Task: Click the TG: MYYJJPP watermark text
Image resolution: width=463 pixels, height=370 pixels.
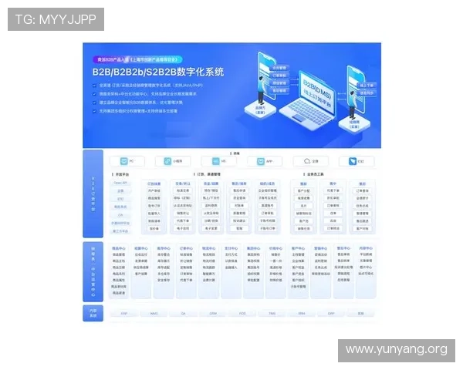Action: [56, 19]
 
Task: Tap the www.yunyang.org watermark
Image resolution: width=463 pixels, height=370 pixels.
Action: [395, 350]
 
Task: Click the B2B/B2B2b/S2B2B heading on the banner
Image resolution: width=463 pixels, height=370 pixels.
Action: [158, 72]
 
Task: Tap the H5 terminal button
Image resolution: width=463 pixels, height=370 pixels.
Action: [216, 162]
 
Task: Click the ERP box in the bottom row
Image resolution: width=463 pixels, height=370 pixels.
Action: [123, 314]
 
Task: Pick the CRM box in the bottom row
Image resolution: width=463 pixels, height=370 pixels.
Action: [213, 314]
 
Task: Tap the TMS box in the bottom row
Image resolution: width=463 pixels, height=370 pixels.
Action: [272, 314]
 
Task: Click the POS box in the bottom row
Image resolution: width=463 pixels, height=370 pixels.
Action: [242, 314]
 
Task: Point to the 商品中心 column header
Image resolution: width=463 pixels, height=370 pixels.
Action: [119, 248]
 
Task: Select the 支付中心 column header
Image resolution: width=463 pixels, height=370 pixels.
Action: [231, 248]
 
